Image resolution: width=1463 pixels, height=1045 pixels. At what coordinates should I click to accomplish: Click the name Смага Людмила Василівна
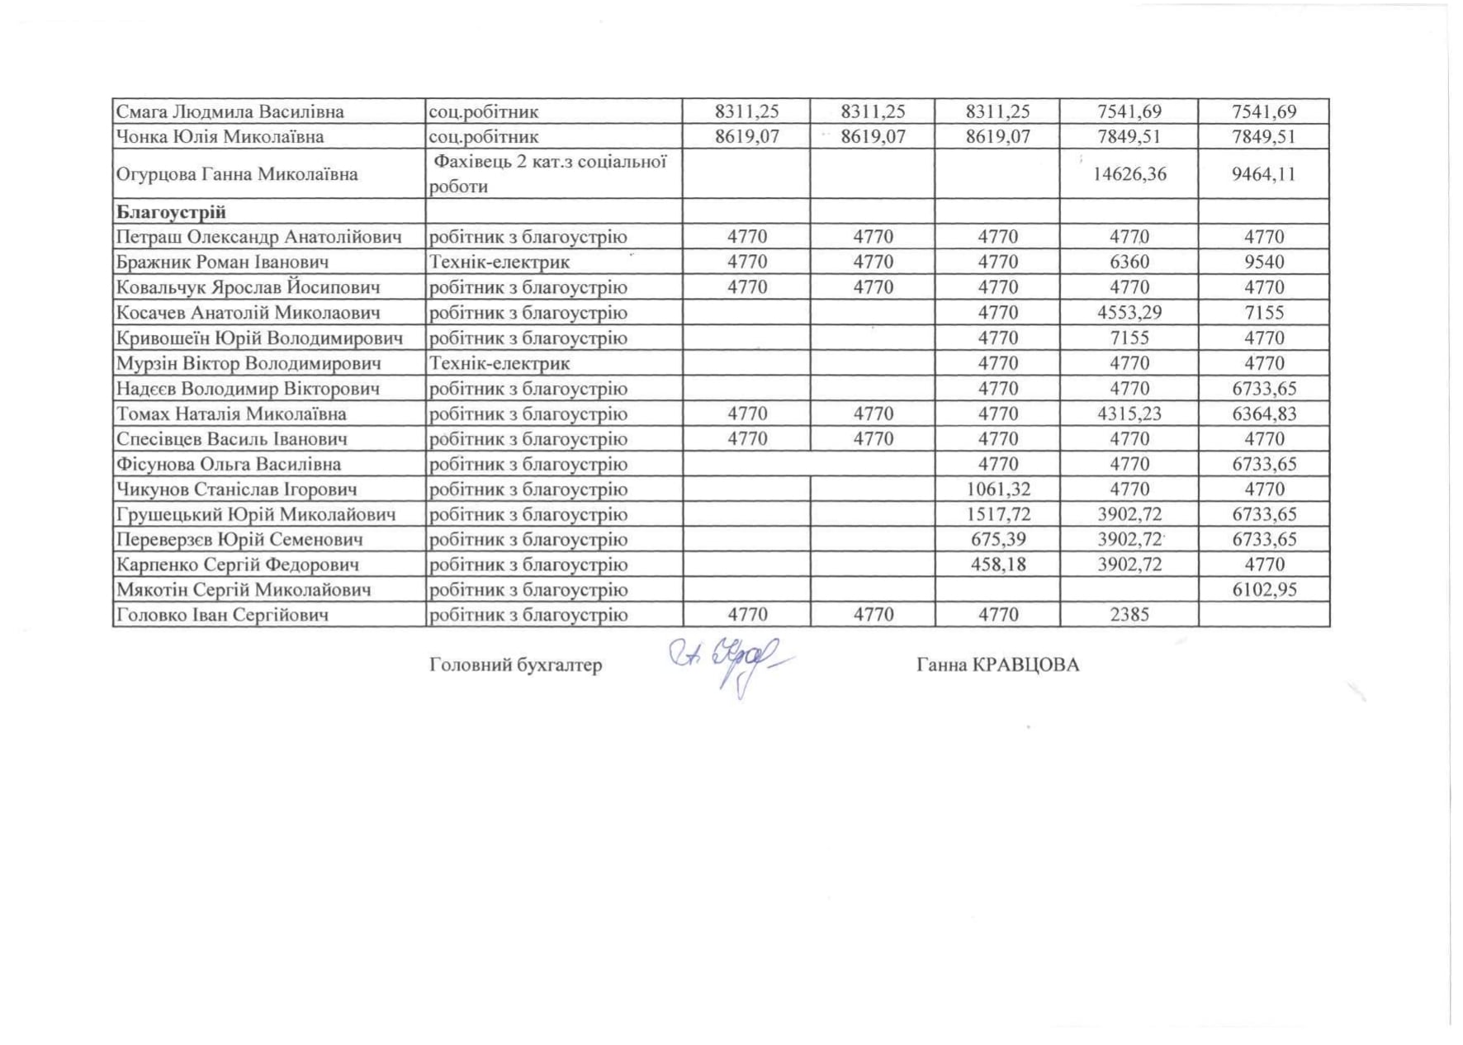(230, 111)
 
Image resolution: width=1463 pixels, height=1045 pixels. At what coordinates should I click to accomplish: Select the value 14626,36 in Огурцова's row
(1129, 174)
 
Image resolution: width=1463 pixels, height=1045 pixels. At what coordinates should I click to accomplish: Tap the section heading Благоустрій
(171, 212)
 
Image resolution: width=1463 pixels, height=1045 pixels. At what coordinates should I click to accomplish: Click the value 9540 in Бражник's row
(1264, 262)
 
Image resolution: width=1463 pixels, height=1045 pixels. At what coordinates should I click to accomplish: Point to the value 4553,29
(1129, 313)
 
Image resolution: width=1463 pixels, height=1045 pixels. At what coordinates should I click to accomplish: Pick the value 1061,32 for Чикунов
(997, 489)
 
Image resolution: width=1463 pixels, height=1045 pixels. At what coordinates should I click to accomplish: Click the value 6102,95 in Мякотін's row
(1264, 590)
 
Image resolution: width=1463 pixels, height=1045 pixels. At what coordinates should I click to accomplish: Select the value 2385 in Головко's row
(1129, 615)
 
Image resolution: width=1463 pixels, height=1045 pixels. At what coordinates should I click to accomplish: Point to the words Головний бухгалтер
(516, 665)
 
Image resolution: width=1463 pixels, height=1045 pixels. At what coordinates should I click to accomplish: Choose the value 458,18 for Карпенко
(997, 565)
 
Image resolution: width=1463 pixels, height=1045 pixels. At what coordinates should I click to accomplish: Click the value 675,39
(997, 540)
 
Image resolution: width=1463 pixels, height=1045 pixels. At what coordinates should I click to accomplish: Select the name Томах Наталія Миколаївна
(231, 414)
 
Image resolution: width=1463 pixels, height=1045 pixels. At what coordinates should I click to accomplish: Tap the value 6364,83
(1264, 414)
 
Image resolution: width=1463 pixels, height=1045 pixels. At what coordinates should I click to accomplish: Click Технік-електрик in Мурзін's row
(499, 363)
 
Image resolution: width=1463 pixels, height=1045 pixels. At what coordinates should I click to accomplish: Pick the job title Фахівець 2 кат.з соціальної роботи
(548, 174)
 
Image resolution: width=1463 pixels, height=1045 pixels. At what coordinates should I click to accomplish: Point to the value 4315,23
(1129, 414)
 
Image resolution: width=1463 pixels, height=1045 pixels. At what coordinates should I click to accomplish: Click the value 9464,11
(1264, 174)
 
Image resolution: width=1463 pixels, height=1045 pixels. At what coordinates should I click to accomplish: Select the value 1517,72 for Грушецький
(997, 514)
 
